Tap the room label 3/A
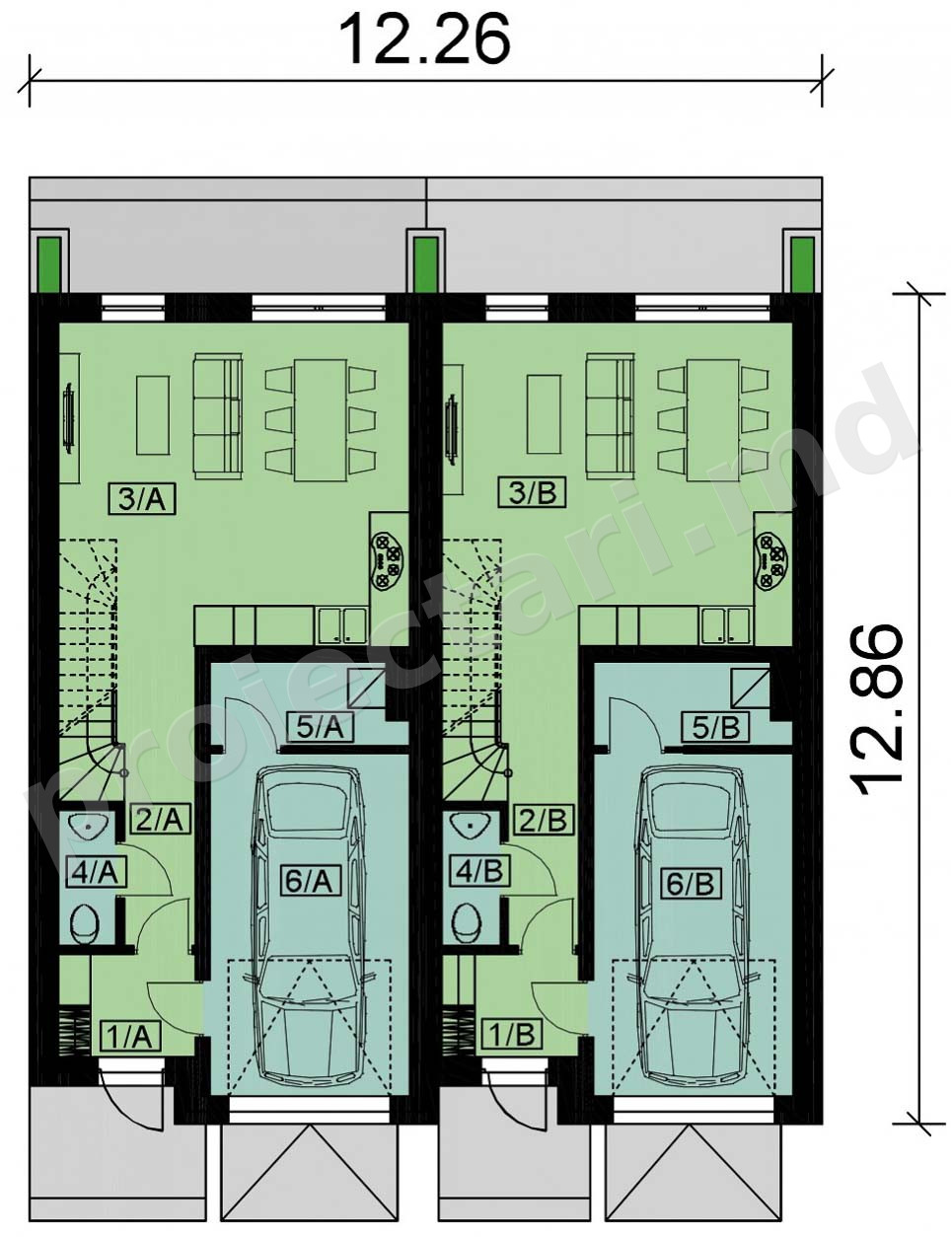142,500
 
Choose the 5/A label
321,728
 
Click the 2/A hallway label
160,821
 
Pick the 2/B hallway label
545,821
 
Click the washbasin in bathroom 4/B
469,823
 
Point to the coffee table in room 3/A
153,415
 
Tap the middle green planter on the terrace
426,264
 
